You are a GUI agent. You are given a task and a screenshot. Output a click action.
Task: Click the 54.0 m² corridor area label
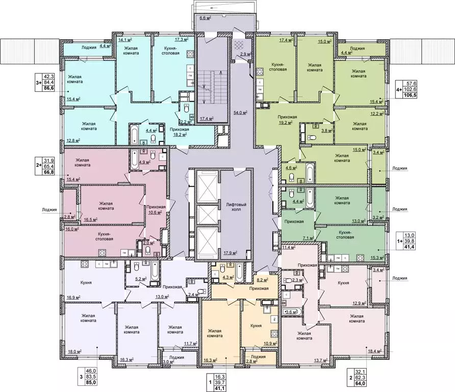coord(240,112)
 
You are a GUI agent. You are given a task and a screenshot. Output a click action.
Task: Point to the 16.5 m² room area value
coord(91,219)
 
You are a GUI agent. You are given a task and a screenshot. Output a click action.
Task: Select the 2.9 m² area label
coord(244,54)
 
